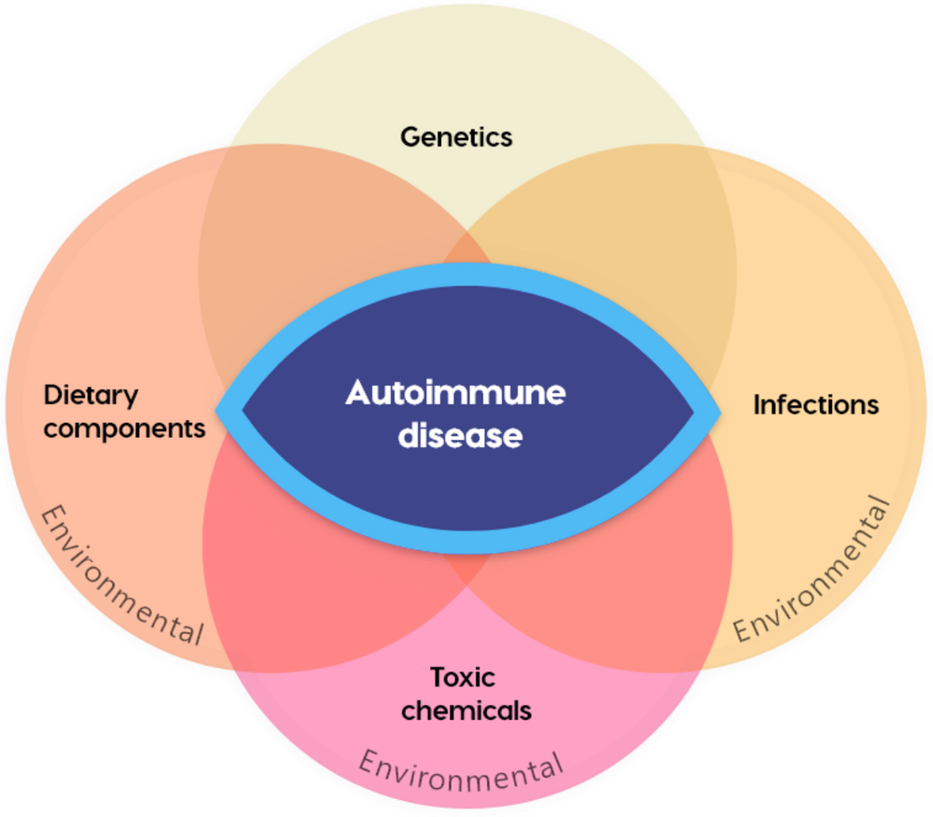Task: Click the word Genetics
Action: tap(456, 137)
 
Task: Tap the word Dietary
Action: tap(91, 396)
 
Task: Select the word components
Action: tap(124, 429)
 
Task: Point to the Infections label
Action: tap(815, 405)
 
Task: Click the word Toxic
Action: tap(462, 677)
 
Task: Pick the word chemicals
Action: tap(466, 711)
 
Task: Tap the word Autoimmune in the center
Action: tap(455, 393)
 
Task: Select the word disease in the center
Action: tap(459, 435)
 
